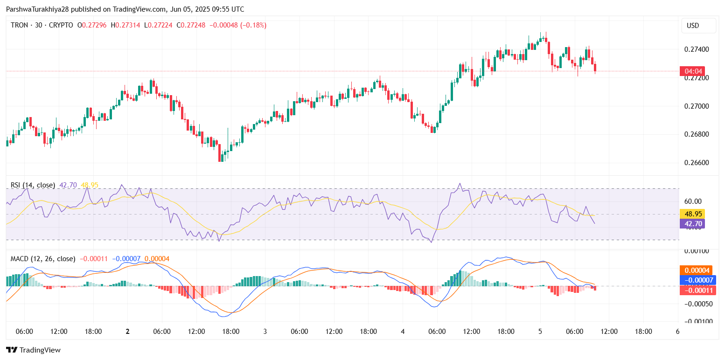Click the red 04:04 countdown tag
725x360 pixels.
click(691, 71)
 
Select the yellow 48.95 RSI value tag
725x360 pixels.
click(691, 214)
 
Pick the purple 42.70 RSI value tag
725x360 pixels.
click(691, 224)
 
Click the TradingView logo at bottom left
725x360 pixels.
click(33, 350)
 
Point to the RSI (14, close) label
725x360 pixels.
click(33, 185)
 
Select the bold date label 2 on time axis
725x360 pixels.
click(127, 331)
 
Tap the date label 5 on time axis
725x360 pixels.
click(540, 331)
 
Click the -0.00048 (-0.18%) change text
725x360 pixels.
click(239, 25)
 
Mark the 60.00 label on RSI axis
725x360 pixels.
click(692, 201)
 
